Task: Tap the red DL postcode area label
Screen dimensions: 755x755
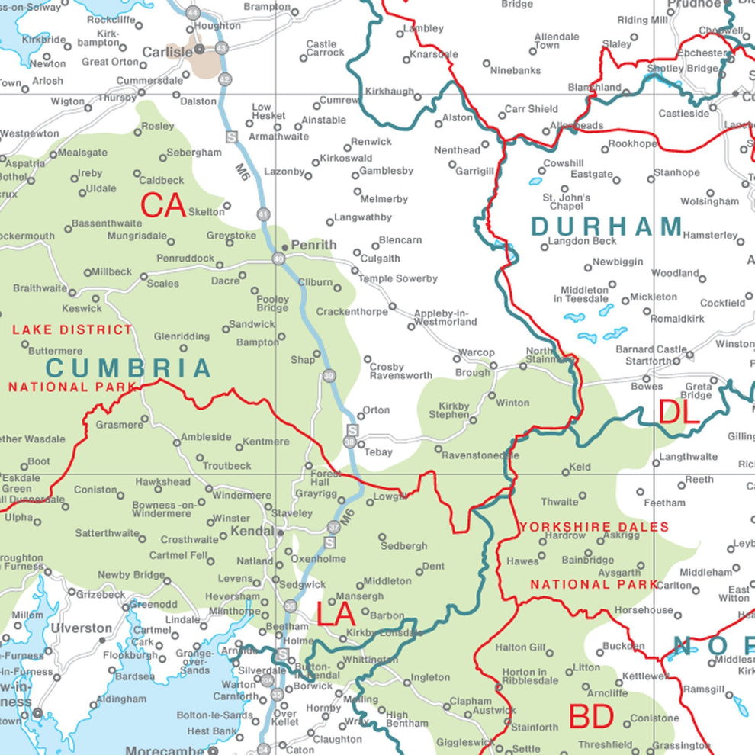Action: pyautogui.click(x=679, y=413)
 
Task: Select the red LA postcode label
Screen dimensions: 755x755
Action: pyautogui.click(x=336, y=614)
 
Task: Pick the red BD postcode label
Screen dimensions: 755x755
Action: pyautogui.click(x=591, y=717)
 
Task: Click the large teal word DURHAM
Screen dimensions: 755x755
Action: pyautogui.click(x=607, y=226)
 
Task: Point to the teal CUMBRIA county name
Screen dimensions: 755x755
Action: pyautogui.click(x=128, y=368)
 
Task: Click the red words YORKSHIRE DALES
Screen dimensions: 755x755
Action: pyautogui.click(x=594, y=527)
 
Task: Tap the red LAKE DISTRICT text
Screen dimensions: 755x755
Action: pyautogui.click(x=72, y=329)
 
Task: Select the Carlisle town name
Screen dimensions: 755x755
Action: pyautogui.click(x=168, y=53)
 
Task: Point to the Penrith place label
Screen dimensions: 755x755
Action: pyautogui.click(x=313, y=245)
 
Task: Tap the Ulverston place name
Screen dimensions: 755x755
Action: pyautogui.click(x=82, y=628)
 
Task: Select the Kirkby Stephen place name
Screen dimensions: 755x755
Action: pyautogui.click(x=454, y=410)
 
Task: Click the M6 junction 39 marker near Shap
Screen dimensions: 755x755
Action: pyautogui.click(x=329, y=375)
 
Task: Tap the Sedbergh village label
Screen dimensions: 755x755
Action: pyautogui.click(x=404, y=546)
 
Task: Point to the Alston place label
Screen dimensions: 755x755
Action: pyautogui.click(x=458, y=118)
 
